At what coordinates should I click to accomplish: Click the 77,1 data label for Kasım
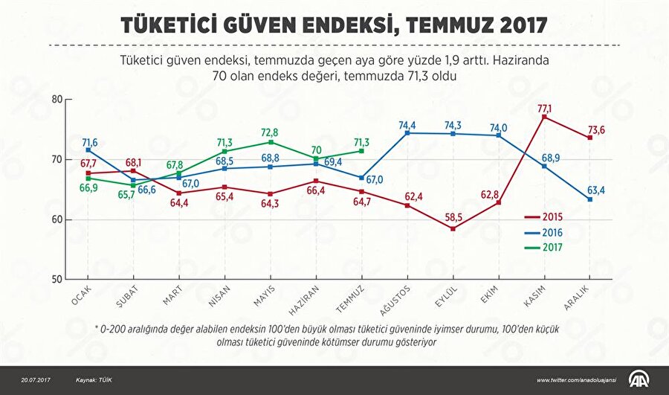[x=545, y=108]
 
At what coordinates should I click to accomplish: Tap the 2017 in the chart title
[x=522, y=26]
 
